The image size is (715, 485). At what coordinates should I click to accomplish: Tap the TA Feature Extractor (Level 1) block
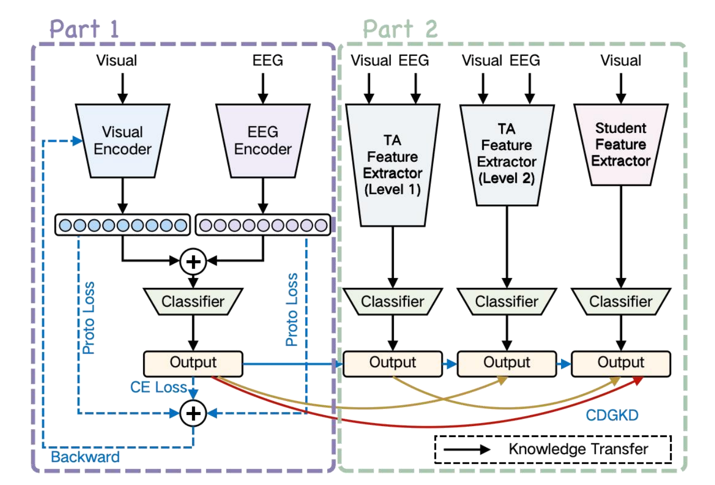(x=392, y=165)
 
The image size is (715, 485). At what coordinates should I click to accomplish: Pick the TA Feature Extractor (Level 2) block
(x=506, y=154)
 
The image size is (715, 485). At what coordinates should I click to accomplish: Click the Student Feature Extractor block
(x=621, y=144)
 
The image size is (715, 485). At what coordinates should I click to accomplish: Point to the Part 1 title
(x=84, y=29)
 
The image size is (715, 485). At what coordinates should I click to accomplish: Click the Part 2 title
(x=400, y=29)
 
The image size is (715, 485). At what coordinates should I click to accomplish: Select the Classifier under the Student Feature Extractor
(x=621, y=301)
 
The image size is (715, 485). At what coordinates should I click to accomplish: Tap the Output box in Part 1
(x=193, y=363)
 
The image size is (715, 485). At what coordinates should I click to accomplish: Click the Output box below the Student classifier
(x=621, y=363)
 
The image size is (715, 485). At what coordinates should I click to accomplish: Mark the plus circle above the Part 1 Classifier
(x=193, y=261)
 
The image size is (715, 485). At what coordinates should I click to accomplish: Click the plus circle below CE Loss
(x=193, y=413)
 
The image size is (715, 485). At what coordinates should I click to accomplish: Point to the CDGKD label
(x=612, y=415)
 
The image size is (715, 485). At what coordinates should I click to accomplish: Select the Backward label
(x=85, y=457)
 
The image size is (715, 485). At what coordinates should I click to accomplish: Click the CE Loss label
(x=158, y=387)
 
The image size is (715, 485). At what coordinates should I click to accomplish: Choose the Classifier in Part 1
(x=193, y=301)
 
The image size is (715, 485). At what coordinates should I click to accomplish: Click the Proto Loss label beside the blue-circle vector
(x=89, y=318)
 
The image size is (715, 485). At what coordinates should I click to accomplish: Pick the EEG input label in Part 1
(x=267, y=60)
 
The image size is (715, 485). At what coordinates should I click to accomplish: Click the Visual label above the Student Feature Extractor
(x=621, y=60)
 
